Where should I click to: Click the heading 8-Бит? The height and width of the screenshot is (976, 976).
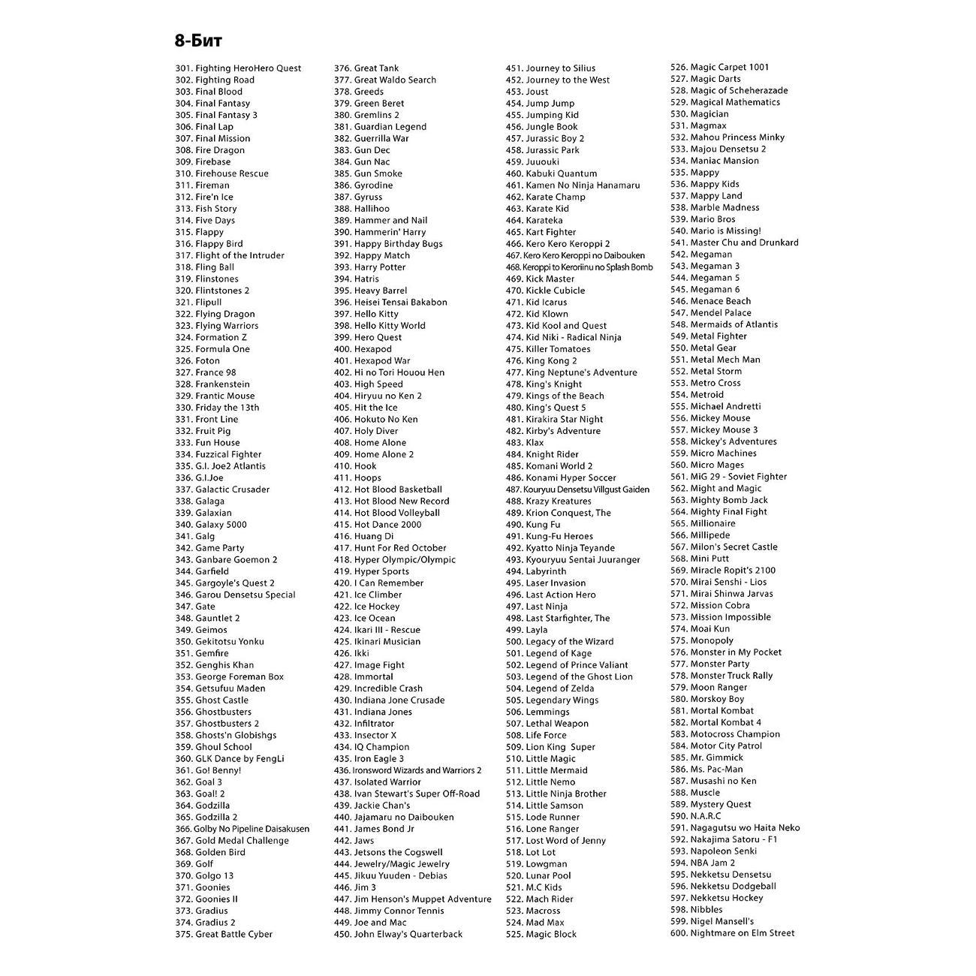pos(198,41)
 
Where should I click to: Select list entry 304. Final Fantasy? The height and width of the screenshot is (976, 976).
pos(212,104)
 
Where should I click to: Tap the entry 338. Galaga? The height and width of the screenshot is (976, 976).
pos(200,502)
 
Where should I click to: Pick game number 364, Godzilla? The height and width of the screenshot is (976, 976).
pos(203,806)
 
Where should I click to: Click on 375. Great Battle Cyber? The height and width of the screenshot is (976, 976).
pos(224,935)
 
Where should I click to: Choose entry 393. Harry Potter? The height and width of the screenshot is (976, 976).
pos(369,267)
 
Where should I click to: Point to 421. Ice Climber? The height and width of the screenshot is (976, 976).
pos(368,595)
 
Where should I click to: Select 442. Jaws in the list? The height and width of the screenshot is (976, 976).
pos(354,841)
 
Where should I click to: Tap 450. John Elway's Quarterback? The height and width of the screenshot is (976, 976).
pos(398,935)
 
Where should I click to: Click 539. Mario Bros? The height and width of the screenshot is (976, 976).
pos(703,219)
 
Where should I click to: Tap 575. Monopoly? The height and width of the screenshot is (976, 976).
pos(701,640)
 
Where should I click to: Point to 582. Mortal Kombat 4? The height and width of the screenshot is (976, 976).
pos(715,722)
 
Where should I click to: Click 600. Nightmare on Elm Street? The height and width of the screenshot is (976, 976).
pos(732,933)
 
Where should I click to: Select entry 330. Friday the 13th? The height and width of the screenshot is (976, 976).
pos(217,408)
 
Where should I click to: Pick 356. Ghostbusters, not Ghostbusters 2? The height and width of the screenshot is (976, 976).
pos(213,712)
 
